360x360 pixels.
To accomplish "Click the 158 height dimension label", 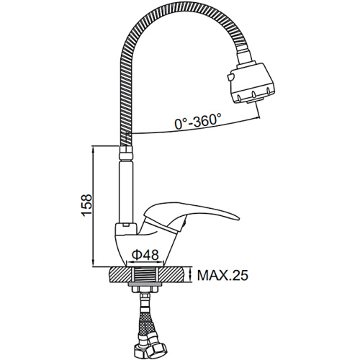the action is tap(87, 205).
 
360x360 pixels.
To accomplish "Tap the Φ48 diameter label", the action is tap(145, 255).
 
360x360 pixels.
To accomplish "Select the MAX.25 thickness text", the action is tap(222, 276).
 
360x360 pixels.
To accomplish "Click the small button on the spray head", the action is tap(230, 77).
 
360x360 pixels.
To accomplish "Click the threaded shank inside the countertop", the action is tap(145, 275).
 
